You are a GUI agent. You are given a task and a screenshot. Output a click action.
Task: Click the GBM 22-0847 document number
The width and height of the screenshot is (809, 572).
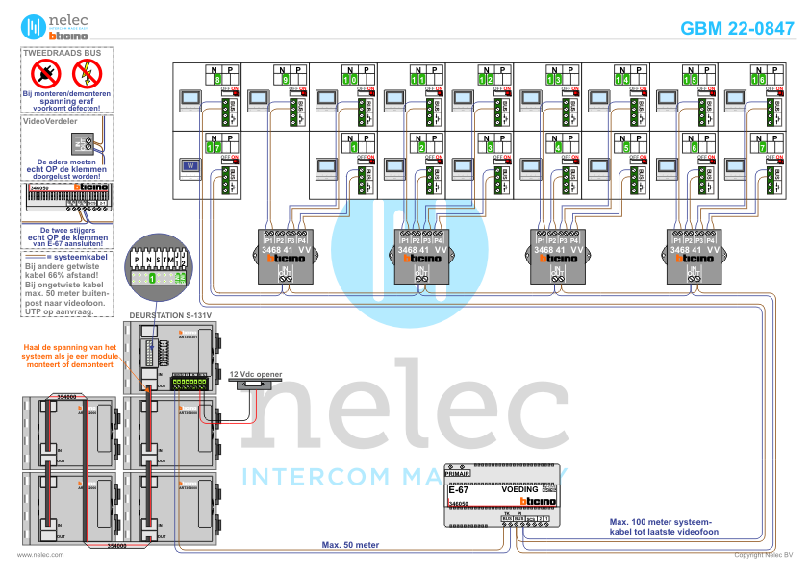(737, 29)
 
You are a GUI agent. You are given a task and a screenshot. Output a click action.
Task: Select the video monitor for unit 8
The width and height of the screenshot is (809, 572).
(190, 97)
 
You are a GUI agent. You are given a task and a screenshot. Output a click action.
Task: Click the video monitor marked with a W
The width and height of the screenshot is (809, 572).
(190, 165)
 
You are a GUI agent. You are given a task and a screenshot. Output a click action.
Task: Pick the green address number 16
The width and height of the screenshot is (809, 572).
(759, 80)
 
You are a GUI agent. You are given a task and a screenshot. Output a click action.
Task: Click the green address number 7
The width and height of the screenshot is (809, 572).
(761, 148)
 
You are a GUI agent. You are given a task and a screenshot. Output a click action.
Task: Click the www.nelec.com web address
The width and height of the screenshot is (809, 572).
(40, 555)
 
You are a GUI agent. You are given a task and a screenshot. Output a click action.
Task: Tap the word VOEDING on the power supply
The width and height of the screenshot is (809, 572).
(520, 489)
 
